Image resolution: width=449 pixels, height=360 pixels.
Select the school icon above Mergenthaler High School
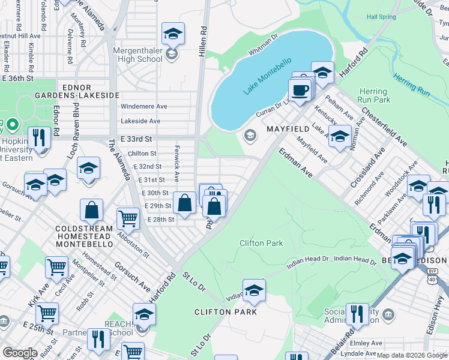[173, 34]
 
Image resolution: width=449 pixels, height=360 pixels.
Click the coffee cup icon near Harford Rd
[299, 90]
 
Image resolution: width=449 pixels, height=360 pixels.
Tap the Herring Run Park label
[373, 95]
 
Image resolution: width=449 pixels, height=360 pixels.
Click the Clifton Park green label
[261, 243]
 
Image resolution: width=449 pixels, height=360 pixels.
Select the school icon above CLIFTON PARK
[254, 290]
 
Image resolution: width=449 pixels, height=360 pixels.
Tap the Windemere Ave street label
[144, 106]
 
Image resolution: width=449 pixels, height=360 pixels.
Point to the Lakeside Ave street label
[140, 121]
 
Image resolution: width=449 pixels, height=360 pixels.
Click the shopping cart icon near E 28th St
[128, 220]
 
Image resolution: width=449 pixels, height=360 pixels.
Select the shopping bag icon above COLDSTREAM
[92, 210]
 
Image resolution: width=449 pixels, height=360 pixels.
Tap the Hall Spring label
[382, 17]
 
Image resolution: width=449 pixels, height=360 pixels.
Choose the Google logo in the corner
[20, 353]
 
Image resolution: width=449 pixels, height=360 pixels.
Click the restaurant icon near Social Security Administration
[357, 314]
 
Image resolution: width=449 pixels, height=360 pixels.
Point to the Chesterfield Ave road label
[384, 128]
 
